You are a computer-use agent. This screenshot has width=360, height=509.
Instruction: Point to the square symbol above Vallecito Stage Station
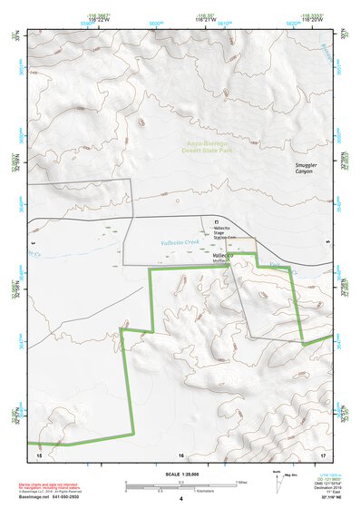click(x=216, y=221)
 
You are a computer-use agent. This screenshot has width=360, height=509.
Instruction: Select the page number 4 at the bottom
click(x=180, y=499)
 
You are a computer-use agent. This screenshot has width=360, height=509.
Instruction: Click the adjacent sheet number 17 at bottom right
click(x=323, y=454)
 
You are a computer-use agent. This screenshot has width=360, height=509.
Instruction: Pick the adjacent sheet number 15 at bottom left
click(x=39, y=454)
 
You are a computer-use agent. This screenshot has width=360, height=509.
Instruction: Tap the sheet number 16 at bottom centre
click(x=180, y=454)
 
